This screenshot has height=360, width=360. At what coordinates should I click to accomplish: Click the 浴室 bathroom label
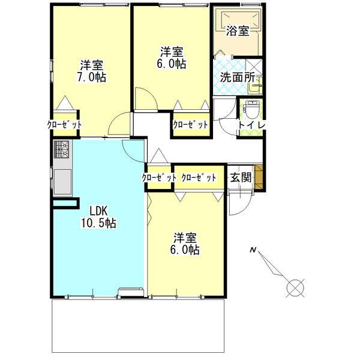[238, 31]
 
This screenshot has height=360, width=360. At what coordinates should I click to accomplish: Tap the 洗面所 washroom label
[238, 77]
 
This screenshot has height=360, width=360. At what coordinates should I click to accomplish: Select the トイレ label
[252, 125]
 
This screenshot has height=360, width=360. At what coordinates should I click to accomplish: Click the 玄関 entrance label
[241, 177]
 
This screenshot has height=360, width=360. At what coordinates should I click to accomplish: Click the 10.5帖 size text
[98, 223]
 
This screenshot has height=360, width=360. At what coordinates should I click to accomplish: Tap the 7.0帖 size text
[91, 77]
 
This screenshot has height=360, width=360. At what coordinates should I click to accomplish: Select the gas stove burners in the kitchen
[62, 149]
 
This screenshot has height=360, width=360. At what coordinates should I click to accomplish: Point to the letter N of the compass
[253, 250]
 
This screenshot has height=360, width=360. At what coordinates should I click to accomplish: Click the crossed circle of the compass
[295, 288]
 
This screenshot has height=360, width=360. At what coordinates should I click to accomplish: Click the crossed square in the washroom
[254, 67]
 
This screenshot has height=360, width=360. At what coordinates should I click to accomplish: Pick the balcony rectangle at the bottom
[138, 326]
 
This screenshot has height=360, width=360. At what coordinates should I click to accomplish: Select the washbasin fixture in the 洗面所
[256, 86]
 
